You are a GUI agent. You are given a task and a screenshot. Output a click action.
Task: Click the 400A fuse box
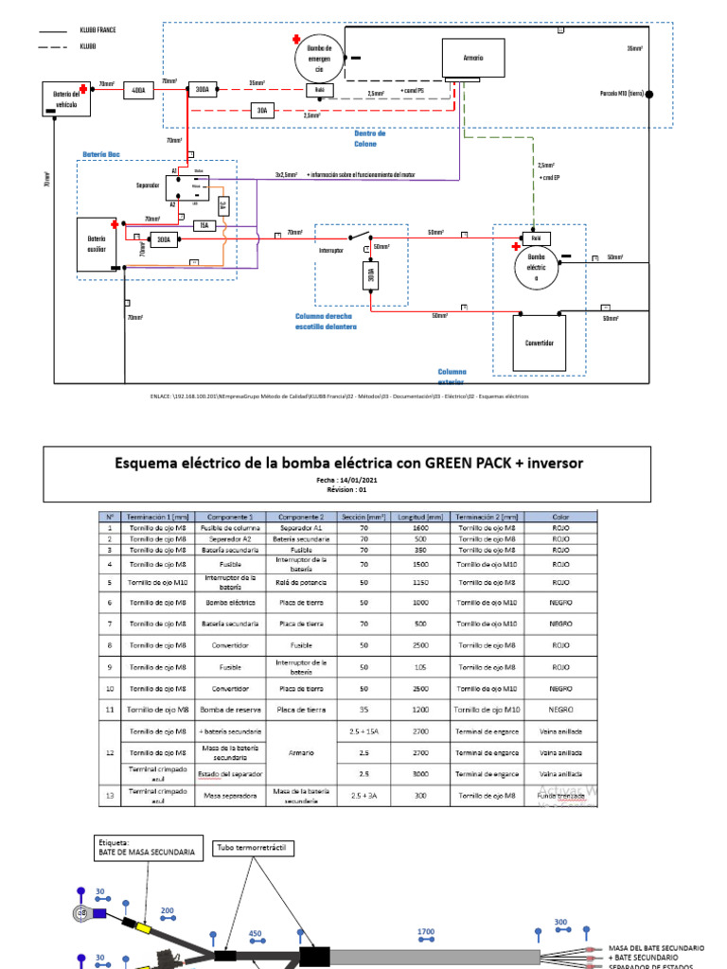pos(138,91)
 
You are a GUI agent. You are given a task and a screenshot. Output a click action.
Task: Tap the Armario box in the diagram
pos(473,59)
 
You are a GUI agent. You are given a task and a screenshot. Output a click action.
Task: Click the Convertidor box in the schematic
pos(539,343)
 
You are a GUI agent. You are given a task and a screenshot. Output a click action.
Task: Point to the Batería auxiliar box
pos(98,244)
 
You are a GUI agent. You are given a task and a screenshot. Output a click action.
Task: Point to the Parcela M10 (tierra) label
pos(622,93)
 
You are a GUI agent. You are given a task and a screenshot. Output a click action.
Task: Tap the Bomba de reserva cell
pos(227,709)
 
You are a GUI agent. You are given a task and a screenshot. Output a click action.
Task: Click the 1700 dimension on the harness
pos(426,931)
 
